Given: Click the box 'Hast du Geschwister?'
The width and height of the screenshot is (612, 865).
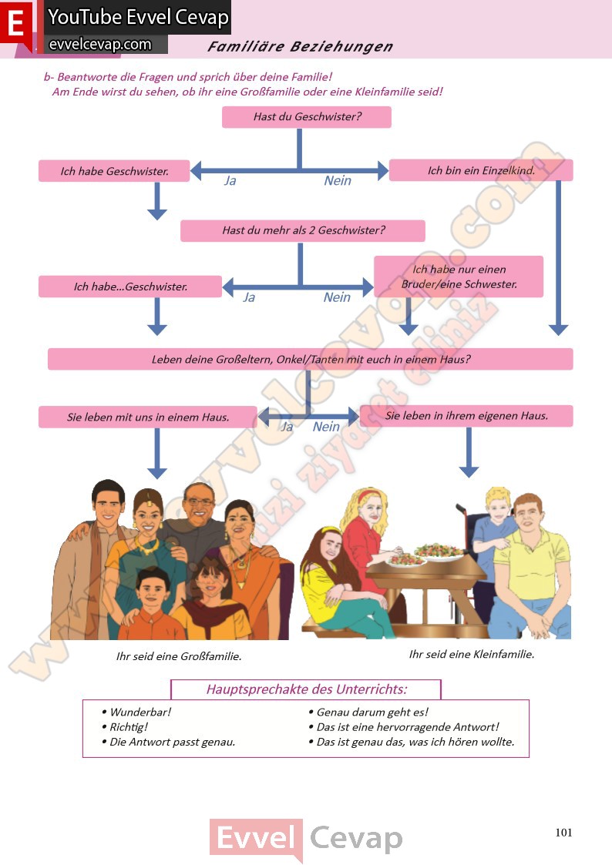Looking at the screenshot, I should coord(307,117).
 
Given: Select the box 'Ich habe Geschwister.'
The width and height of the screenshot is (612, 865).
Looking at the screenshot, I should coord(114,171).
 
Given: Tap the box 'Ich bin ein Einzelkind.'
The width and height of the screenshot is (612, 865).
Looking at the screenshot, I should coord(481,170).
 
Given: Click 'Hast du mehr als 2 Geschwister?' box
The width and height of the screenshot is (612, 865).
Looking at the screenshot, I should coord(303,230).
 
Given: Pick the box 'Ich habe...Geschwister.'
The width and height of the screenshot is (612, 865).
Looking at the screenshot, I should coord(130,287).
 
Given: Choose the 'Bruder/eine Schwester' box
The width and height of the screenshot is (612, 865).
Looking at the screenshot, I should coord(459,277).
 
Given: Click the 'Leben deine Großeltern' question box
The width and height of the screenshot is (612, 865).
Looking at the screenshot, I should coord(310,359).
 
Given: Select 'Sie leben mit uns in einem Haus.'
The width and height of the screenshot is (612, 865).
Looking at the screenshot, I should coord(148,417).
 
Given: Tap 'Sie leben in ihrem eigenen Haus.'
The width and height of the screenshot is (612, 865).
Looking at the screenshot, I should coord(466,416).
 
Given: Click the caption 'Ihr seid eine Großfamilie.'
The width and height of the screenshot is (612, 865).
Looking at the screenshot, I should coord(178,656).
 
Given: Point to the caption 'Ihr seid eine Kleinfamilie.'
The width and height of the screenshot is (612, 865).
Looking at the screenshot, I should coord(471,655).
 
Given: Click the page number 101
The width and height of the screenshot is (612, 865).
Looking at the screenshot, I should coord(563,832).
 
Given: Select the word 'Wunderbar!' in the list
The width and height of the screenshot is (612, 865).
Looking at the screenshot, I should coord(140,712).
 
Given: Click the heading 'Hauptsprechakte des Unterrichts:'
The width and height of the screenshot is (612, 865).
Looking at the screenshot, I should coord(306,689).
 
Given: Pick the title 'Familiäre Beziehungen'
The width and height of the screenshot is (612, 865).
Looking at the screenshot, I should coord(300,47).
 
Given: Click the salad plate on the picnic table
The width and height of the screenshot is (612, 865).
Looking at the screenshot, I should coord(439,552).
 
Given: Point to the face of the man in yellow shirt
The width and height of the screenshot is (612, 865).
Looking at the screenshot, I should coord(528,514).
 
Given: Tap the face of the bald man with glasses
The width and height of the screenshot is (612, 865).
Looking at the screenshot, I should coord(200,504).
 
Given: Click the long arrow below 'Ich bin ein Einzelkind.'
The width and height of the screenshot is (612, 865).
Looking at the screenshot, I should coord(558,254).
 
